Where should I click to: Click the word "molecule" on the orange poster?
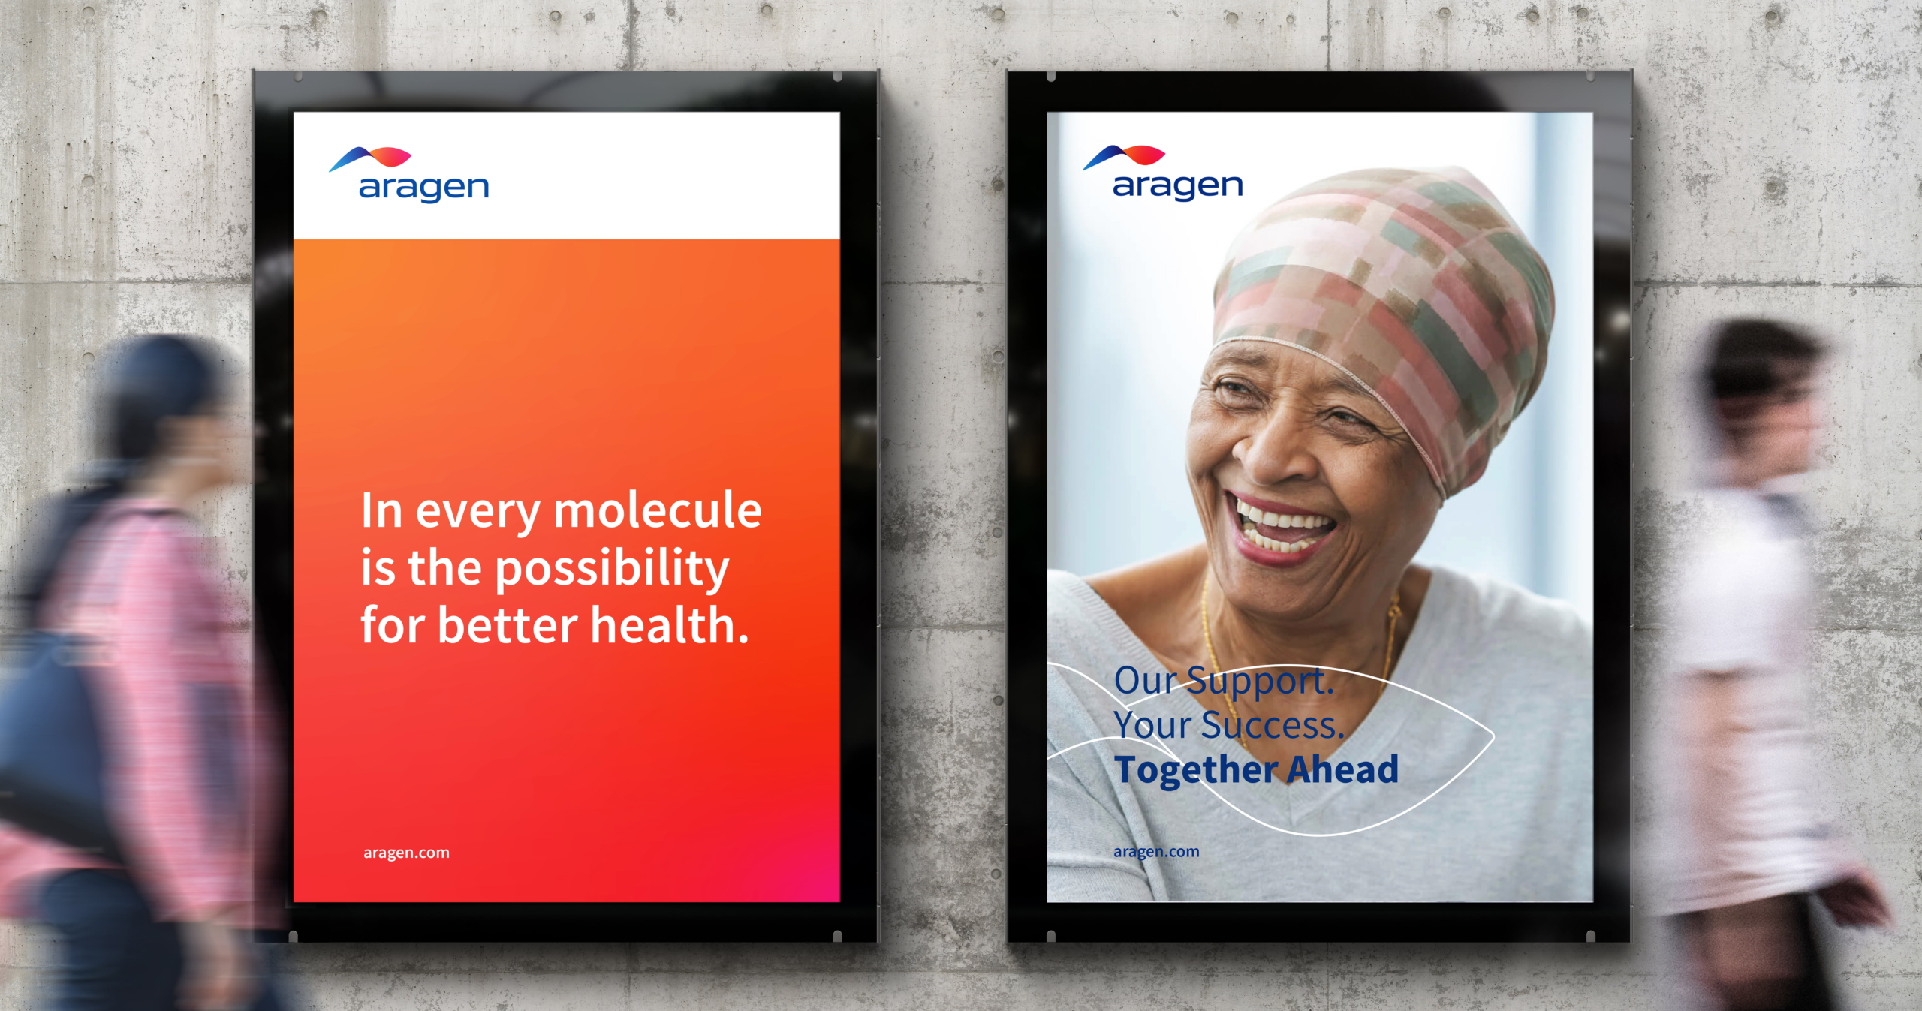tap(658, 510)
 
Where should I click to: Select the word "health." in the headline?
tap(670, 625)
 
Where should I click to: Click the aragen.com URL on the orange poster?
tap(406, 853)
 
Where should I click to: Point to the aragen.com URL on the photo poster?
tap(1156, 852)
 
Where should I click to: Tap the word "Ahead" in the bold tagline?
tap(1344, 769)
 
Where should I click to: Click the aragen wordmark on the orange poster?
tap(424, 188)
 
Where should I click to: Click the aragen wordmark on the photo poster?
tap(1178, 187)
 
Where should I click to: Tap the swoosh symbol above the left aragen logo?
tap(370, 158)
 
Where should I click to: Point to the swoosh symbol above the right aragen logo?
tap(1124, 156)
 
